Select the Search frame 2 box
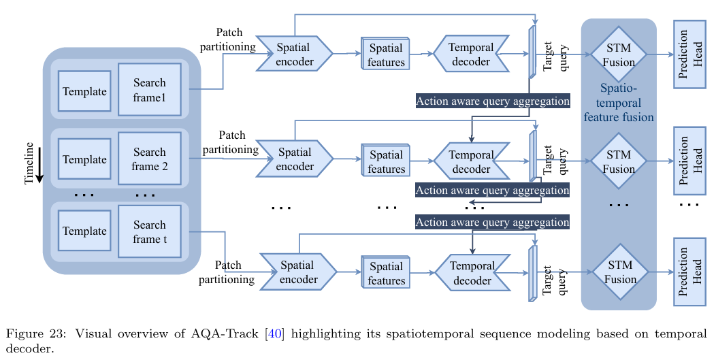150,159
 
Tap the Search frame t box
150,231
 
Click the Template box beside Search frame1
84,91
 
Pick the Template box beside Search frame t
84,231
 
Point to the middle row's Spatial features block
386,162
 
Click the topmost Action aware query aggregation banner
493,101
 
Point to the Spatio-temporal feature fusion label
618,103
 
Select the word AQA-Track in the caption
215,333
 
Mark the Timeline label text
29,163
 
